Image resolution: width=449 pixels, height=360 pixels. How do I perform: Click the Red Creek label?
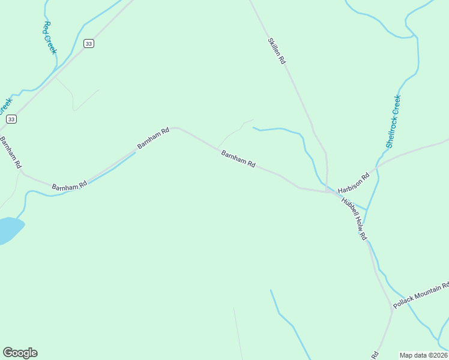coord(50,38)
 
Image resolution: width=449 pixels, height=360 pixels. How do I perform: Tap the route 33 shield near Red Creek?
coord(89,44)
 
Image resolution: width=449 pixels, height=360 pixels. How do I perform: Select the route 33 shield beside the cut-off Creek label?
coord(11,119)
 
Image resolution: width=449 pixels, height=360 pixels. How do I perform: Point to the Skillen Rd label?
coord(277,52)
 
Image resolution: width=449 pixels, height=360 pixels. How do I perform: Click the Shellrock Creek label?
coord(393,122)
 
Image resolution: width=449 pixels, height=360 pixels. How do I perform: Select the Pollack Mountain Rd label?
coord(421,295)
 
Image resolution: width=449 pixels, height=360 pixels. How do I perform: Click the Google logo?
coord(20,352)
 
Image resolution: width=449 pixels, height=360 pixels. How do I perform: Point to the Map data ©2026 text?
coord(424,355)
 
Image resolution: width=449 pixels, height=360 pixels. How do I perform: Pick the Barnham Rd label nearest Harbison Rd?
coord(238,159)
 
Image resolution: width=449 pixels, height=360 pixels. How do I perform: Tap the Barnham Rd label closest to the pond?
coord(70,187)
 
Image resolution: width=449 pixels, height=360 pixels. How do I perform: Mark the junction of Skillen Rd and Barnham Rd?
coord(326,191)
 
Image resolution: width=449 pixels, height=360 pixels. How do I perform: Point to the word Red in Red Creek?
coord(47,27)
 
